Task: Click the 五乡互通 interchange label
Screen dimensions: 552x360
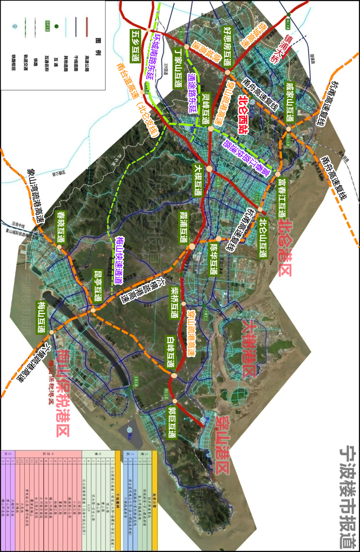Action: (x=136, y=46)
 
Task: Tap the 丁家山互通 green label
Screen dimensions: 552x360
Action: (x=178, y=68)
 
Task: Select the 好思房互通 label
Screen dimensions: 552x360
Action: (x=228, y=46)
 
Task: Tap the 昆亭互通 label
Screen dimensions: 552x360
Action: (x=98, y=285)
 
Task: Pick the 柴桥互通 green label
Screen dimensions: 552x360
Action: (x=174, y=302)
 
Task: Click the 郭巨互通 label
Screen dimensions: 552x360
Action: (x=172, y=422)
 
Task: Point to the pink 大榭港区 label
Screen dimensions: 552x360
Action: (x=249, y=348)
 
